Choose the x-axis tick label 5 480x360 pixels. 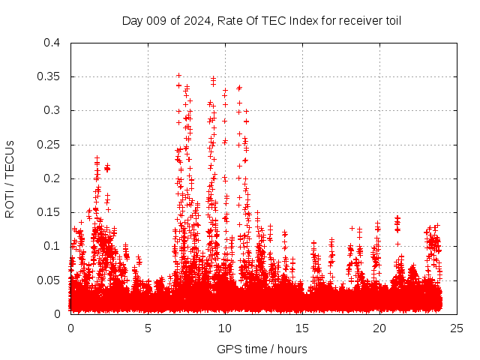[x=148, y=328]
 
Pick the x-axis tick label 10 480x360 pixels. [x=226, y=328]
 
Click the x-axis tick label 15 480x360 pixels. [x=303, y=328]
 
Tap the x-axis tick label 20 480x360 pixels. [x=380, y=328]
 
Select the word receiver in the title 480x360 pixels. [x=357, y=20]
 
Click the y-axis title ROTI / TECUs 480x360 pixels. [x=10, y=178]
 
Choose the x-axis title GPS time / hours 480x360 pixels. [x=262, y=349]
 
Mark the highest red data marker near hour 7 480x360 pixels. [x=178, y=75]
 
